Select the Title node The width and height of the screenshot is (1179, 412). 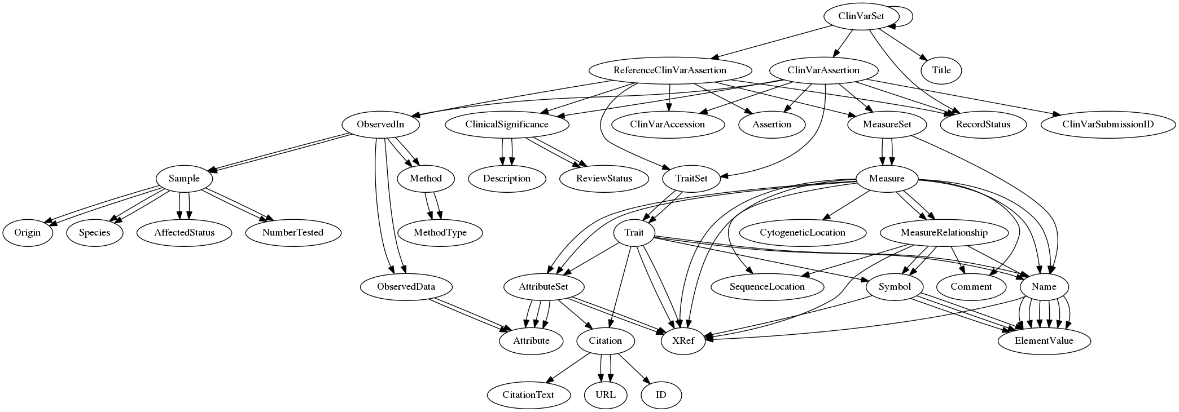click(x=941, y=70)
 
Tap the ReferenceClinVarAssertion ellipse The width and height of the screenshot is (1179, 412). click(x=669, y=70)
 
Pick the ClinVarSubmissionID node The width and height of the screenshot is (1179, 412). click(x=1107, y=124)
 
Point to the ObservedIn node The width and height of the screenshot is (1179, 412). click(x=380, y=124)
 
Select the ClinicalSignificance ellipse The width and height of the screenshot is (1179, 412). click(x=506, y=124)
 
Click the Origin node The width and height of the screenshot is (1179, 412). click(x=27, y=233)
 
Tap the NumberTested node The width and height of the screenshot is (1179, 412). click(x=293, y=233)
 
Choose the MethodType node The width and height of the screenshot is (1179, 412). click(x=440, y=233)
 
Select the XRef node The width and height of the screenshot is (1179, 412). click(x=683, y=340)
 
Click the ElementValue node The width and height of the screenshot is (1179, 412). click(x=1044, y=340)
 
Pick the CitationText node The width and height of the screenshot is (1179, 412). click(x=528, y=395)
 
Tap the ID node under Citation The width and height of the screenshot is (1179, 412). click(x=661, y=395)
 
